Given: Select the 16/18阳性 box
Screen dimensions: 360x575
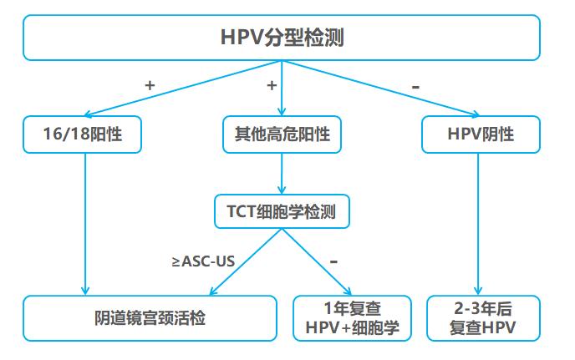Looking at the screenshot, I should (82, 134).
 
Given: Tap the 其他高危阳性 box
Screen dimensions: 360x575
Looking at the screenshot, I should (282, 134).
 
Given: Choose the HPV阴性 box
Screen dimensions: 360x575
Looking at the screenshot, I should (480, 134).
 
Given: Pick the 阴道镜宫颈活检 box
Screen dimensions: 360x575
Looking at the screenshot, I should (150, 317).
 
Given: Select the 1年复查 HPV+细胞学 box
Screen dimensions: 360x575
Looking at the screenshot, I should (353, 317).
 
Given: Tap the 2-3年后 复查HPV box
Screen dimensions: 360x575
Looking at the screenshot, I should (480, 317).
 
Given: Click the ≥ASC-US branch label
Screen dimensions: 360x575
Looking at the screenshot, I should (201, 261).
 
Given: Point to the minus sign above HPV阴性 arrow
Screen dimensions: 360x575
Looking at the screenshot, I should (415, 85).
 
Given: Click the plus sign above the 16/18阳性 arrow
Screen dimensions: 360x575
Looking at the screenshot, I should (150, 85).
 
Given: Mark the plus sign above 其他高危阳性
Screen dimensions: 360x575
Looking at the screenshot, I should (272, 85).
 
